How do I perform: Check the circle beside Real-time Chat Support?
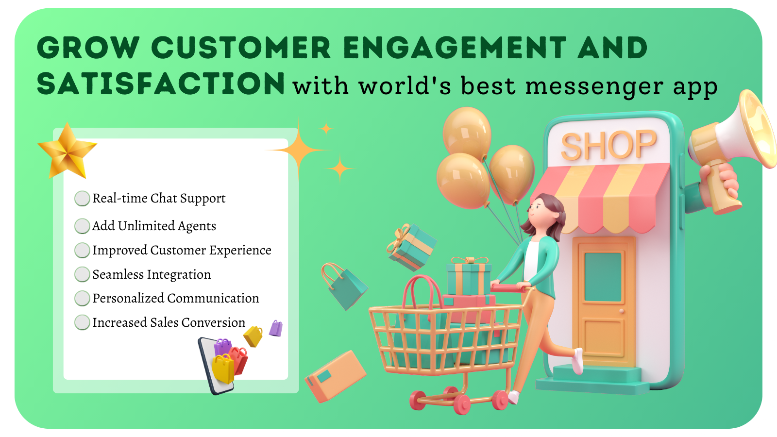(x=82, y=199)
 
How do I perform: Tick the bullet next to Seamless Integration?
(x=82, y=274)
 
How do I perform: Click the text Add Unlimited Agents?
(x=154, y=226)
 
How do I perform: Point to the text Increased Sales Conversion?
(x=169, y=322)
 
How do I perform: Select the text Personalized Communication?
(x=175, y=298)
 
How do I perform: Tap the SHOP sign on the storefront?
(x=609, y=146)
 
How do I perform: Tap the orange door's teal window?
(x=603, y=277)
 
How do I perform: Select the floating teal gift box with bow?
(x=411, y=247)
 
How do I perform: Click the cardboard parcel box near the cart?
(x=335, y=377)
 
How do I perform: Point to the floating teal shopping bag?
(x=345, y=287)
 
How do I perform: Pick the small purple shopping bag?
(x=276, y=328)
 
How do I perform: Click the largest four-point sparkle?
(x=298, y=150)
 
